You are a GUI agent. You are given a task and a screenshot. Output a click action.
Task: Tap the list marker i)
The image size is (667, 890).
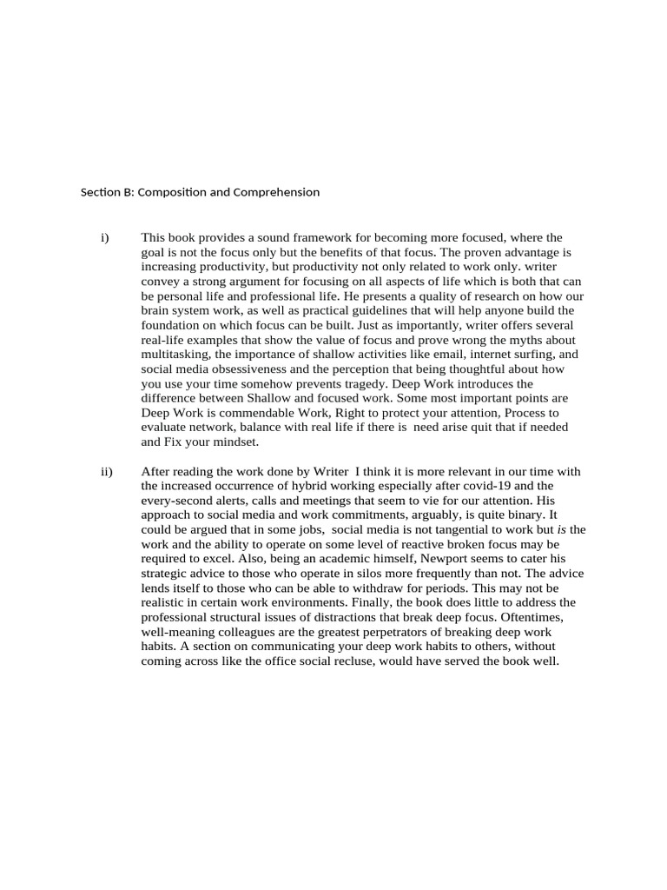(105, 237)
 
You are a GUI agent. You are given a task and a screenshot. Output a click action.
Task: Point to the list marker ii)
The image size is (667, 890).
(107, 472)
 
